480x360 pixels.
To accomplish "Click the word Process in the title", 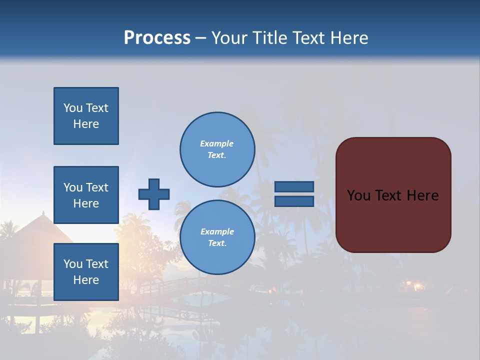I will (x=157, y=38).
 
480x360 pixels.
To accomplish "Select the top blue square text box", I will (x=86, y=116).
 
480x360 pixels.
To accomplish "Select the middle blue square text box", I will (x=86, y=195).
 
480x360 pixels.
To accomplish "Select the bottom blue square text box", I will (x=86, y=271).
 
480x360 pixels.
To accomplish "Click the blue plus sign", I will (x=154, y=194).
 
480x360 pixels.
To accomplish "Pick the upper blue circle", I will (x=217, y=149).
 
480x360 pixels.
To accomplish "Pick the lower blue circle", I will (x=217, y=237).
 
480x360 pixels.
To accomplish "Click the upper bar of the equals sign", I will (x=294, y=186).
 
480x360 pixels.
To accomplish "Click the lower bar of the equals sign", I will (x=294, y=201).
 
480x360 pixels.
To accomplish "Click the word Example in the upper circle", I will (x=216, y=143).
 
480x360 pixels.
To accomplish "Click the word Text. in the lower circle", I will (x=217, y=243).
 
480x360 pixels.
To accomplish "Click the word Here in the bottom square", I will (x=86, y=280).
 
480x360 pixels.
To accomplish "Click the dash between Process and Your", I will (x=200, y=38).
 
